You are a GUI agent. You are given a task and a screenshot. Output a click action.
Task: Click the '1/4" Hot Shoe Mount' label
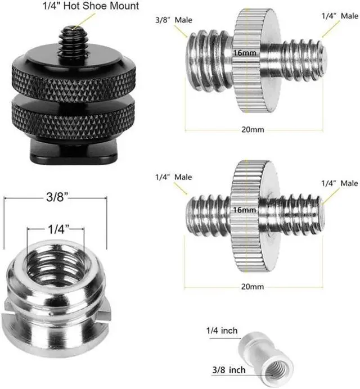(x=91, y=6)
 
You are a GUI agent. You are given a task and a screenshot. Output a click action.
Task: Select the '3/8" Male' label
(x=174, y=20)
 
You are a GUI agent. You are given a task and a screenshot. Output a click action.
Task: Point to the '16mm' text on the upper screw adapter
(x=245, y=53)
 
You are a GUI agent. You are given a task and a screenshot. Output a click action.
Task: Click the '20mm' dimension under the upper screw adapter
(x=253, y=129)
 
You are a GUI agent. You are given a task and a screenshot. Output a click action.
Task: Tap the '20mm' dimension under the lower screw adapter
(x=252, y=287)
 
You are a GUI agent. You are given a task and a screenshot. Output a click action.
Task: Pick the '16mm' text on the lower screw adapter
(x=244, y=210)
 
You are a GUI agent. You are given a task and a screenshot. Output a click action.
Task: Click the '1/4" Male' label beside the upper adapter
(x=340, y=16)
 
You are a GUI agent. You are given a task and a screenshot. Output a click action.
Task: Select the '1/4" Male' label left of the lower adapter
(x=174, y=177)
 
